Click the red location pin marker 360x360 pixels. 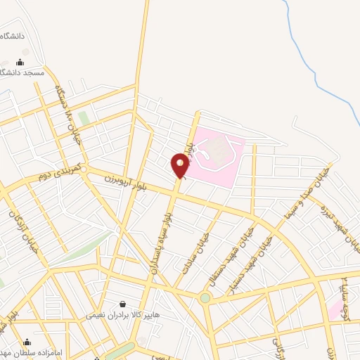[180, 166]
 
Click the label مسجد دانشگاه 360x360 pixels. [22, 72]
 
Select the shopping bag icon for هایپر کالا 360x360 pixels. [124, 304]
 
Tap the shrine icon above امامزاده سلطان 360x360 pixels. [27, 342]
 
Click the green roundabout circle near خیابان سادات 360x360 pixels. [205, 298]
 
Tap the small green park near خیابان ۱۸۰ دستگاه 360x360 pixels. [84, 118]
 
